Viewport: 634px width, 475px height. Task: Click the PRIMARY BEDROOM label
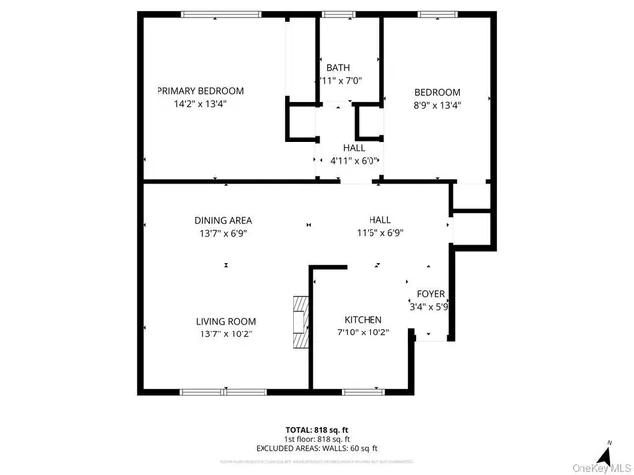[200, 91]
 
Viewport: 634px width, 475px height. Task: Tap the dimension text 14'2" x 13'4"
[200, 103]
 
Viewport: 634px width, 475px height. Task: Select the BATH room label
[337, 67]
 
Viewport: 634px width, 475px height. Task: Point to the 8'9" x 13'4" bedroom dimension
[437, 104]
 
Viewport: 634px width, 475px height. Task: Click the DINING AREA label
[222, 220]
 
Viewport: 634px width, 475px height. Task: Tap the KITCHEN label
[363, 320]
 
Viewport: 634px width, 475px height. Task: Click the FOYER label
[430, 294]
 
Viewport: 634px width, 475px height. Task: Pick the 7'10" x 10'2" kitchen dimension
[363, 332]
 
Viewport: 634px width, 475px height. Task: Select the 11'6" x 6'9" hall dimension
[379, 233]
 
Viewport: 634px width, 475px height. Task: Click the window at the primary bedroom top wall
[215, 14]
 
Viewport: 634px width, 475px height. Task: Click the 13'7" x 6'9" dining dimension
[222, 233]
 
